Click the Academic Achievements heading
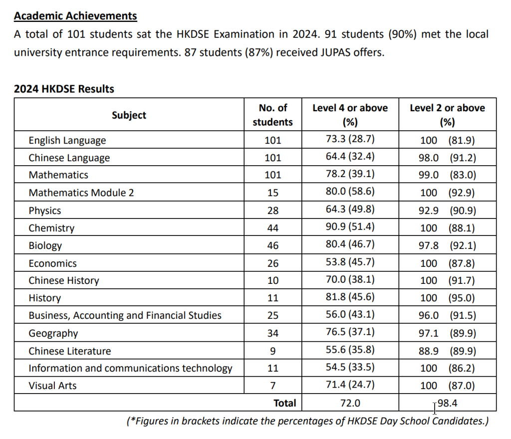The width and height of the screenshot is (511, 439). coord(75,16)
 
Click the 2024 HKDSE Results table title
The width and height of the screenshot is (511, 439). coord(64,89)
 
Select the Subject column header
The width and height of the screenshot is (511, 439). coord(129,115)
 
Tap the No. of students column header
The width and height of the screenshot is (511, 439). coord(273,115)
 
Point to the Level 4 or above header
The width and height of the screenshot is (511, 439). coord(350,115)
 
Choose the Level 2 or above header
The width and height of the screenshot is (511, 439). coord(447,115)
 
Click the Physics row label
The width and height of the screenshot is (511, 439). coord(45,211)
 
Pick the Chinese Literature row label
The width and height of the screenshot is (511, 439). coord(70,351)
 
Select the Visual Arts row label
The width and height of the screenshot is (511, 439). coord(52,386)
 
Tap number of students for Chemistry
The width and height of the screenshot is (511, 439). coord(273,228)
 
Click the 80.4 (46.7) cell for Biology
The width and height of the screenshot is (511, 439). coord(350,245)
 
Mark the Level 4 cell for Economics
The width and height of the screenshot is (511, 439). coord(350,263)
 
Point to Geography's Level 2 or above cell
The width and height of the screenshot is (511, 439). coord(447,333)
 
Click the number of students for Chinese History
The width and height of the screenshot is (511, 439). coord(273,280)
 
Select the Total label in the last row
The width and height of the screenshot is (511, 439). coord(284,403)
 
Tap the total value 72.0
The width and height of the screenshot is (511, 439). coord(350,403)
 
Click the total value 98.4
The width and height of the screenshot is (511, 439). coord(447,403)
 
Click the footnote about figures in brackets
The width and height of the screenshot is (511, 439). coord(307,421)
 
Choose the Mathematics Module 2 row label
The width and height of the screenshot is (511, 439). coord(81,193)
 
